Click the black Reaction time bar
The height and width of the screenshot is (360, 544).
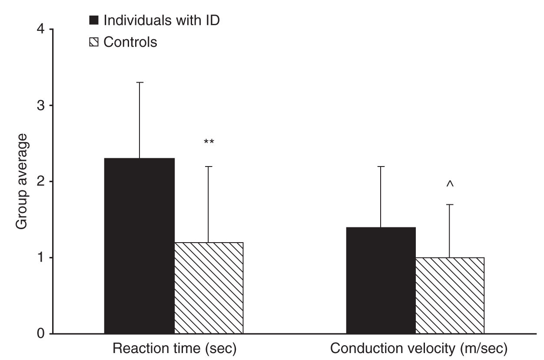click(139, 246)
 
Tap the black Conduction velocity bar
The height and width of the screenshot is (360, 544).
click(381, 280)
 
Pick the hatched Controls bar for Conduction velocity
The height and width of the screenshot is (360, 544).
click(450, 295)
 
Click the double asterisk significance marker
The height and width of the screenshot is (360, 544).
click(209, 142)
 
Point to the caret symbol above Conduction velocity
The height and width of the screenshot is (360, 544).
click(450, 185)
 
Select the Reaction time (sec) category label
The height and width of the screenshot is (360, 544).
click(174, 349)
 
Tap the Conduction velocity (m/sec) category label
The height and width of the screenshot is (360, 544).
click(419, 349)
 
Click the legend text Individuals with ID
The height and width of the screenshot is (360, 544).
click(162, 20)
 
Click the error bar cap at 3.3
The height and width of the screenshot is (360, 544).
click(139, 82)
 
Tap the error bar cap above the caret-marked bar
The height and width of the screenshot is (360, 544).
click(450, 204)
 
